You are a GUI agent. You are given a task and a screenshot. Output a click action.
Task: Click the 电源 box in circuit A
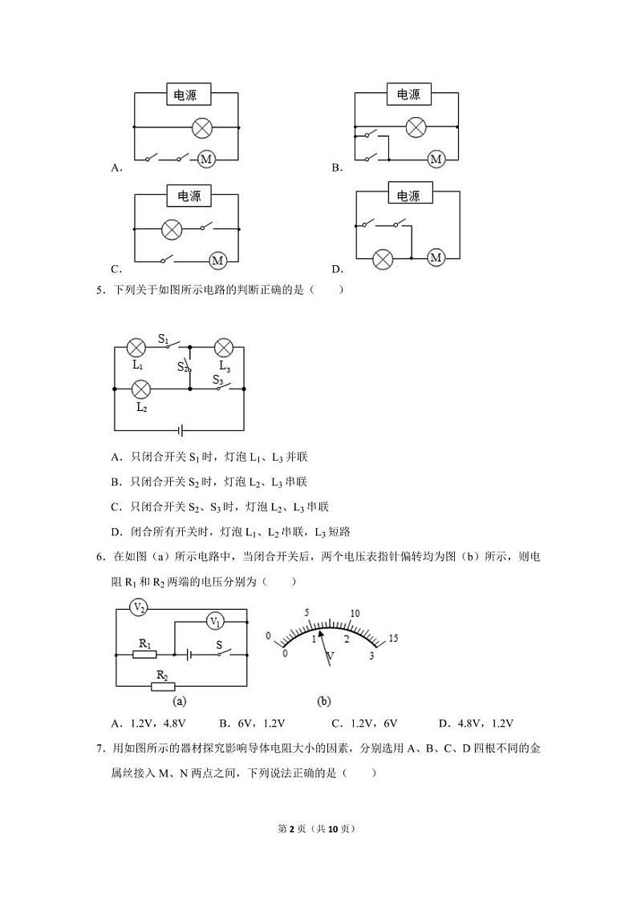click(188, 95)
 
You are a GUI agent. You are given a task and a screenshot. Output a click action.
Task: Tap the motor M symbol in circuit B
click(436, 159)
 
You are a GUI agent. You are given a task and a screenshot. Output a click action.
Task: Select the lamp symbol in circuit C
click(172, 229)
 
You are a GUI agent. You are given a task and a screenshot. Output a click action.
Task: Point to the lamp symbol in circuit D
click(383, 259)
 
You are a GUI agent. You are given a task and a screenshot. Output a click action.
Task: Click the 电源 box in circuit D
click(408, 196)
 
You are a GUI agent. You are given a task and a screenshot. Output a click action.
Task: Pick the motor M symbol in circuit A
click(206, 159)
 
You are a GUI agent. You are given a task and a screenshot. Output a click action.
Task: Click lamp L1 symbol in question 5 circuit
click(137, 348)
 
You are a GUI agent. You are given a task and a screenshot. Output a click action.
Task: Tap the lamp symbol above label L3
click(224, 348)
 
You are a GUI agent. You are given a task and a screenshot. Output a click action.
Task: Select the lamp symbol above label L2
click(141, 389)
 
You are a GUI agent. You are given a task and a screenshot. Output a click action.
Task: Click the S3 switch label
click(218, 380)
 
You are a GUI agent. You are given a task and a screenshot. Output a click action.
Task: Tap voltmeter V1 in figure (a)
click(215, 621)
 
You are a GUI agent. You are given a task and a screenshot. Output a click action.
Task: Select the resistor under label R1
click(145, 654)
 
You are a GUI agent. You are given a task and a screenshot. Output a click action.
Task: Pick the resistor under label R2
click(163, 687)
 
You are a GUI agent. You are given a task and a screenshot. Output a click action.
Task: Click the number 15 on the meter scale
click(393, 638)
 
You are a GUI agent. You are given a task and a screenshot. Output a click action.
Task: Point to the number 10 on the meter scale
click(355, 614)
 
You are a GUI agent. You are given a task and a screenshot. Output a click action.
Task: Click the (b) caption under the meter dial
click(324, 701)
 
